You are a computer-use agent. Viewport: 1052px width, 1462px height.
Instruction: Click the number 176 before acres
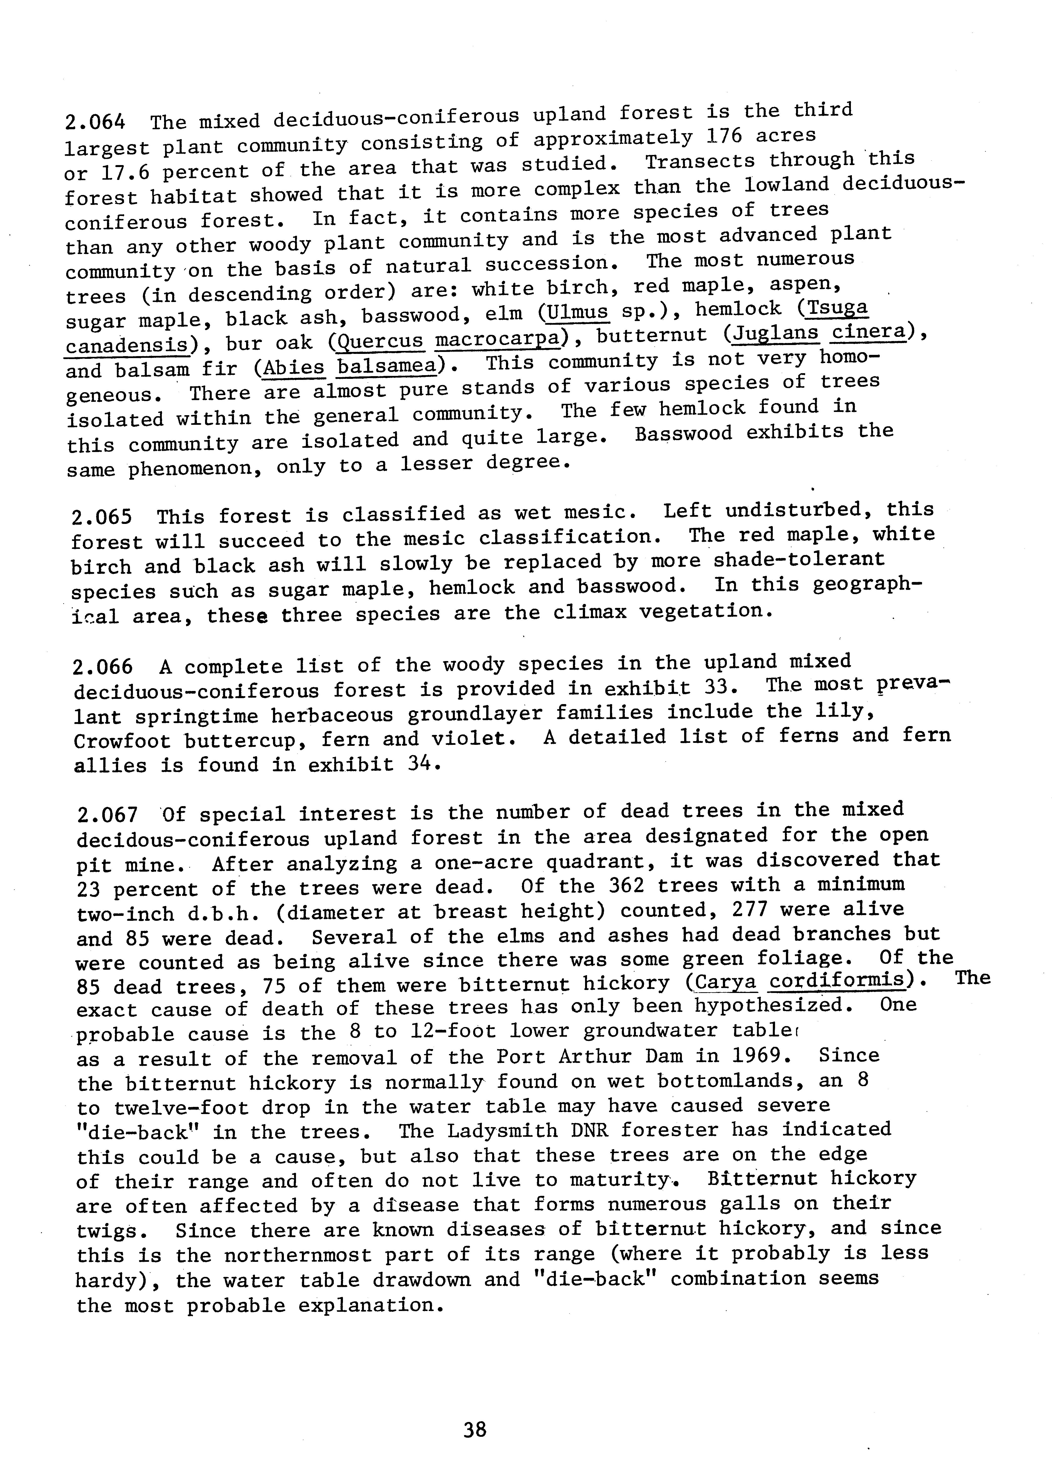(725, 137)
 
